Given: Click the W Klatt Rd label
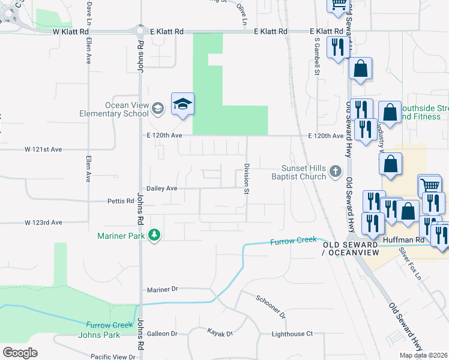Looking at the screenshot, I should tap(71, 31).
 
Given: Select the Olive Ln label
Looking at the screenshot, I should tap(242, 14).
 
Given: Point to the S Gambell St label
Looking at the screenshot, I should tap(317, 57).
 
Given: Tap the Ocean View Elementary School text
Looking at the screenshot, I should tap(114, 109).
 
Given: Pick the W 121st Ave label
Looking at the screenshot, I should tap(43, 149).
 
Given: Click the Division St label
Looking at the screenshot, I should tap(246, 179).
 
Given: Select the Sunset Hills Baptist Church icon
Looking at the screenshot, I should tap(336, 173).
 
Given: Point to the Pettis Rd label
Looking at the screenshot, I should tap(121, 201).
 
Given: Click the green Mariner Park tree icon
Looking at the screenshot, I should tap(155, 235).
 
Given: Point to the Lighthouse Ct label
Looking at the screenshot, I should tap(292, 334).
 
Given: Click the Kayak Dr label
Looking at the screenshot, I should tap(220, 332).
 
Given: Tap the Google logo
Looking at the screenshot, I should tap(20, 353).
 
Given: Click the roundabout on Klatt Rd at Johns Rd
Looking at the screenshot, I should tap(140, 31).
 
